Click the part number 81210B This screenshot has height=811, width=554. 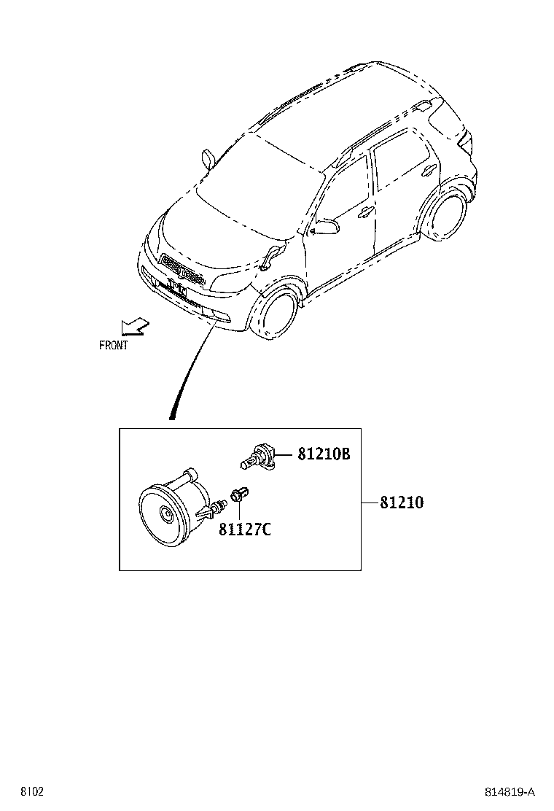coord(324,454)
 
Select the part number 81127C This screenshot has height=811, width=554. coord(244,529)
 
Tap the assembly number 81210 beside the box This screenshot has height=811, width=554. coord(402,502)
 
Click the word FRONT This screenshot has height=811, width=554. coord(113,346)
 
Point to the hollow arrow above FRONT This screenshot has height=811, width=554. coord(133,325)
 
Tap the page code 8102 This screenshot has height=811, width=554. coord(31,791)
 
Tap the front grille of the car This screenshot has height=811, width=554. coord(182,271)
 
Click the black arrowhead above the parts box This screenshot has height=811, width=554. coord(173,415)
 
